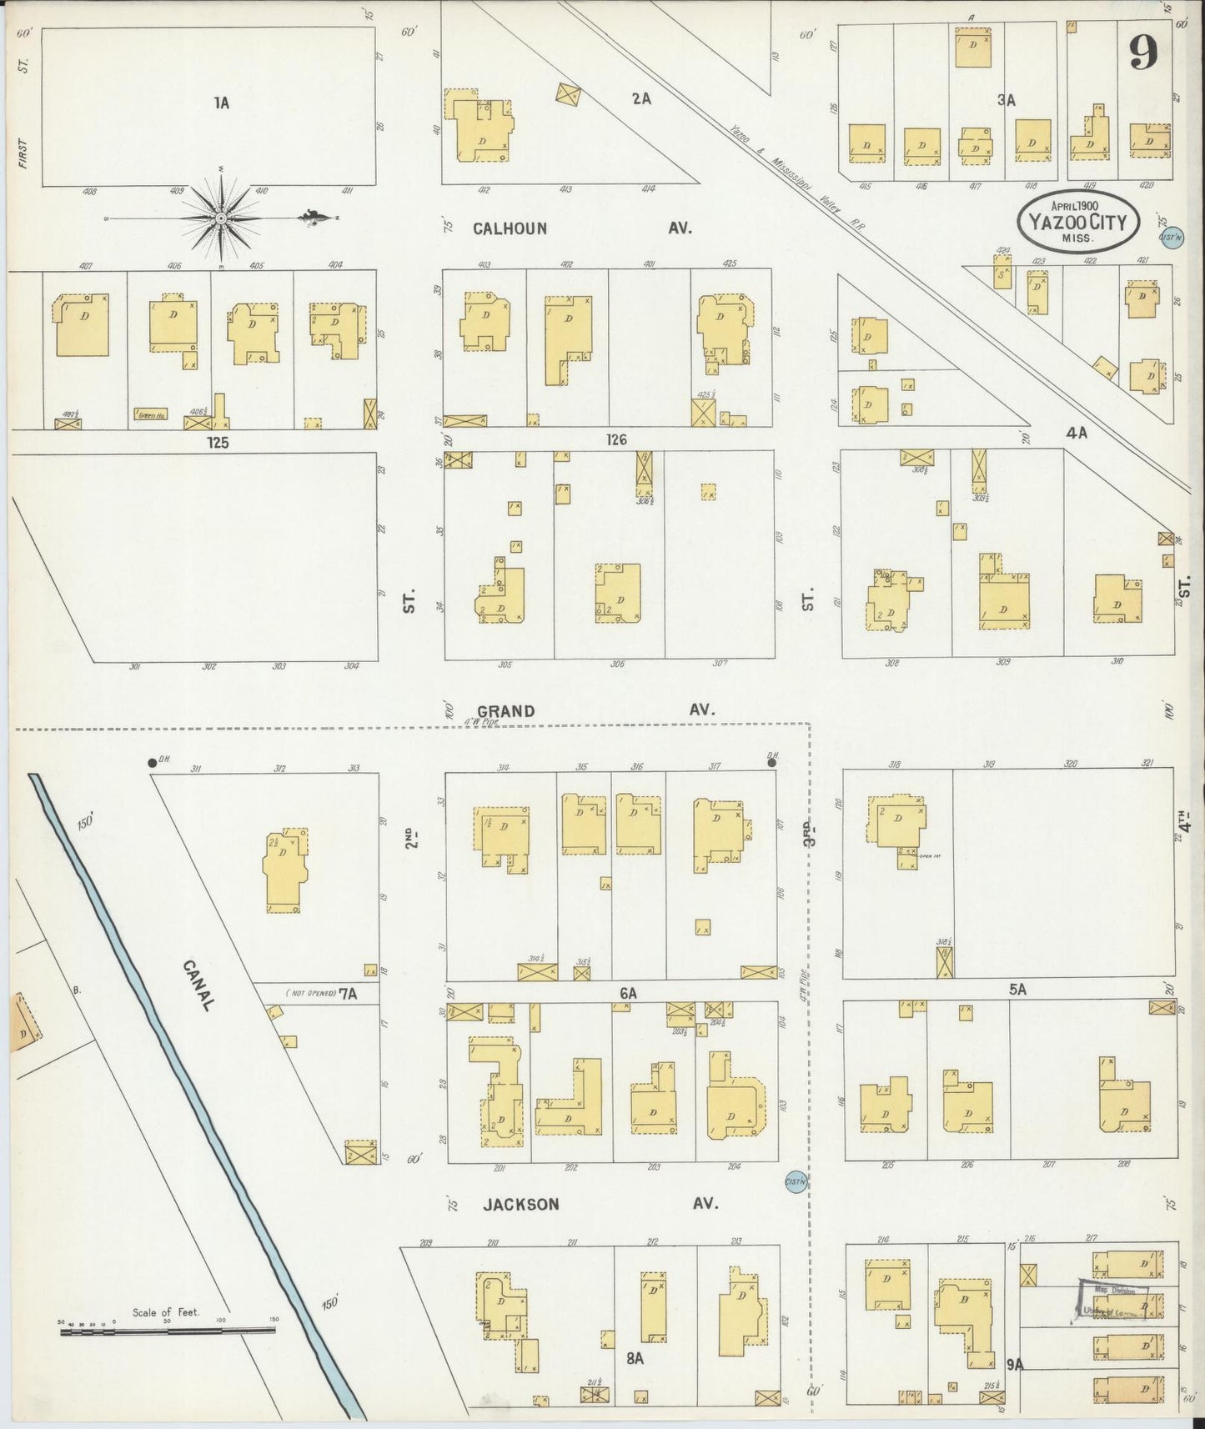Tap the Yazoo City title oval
[x=1077, y=221]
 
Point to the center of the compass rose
[x=222, y=218]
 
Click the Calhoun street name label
[x=510, y=228]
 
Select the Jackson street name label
[x=520, y=1204]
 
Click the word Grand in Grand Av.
[x=506, y=710]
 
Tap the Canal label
[x=198, y=985]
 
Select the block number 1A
[x=221, y=103]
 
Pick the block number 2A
[x=640, y=98]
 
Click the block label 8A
[x=635, y=1358]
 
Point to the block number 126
[x=616, y=440]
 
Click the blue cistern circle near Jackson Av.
[x=796, y=1182]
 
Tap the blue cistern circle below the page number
[x=1171, y=237]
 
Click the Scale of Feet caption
[x=166, y=1312]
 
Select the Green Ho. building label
[x=149, y=413]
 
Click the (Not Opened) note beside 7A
[x=310, y=993]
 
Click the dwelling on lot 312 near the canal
[x=285, y=871]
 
